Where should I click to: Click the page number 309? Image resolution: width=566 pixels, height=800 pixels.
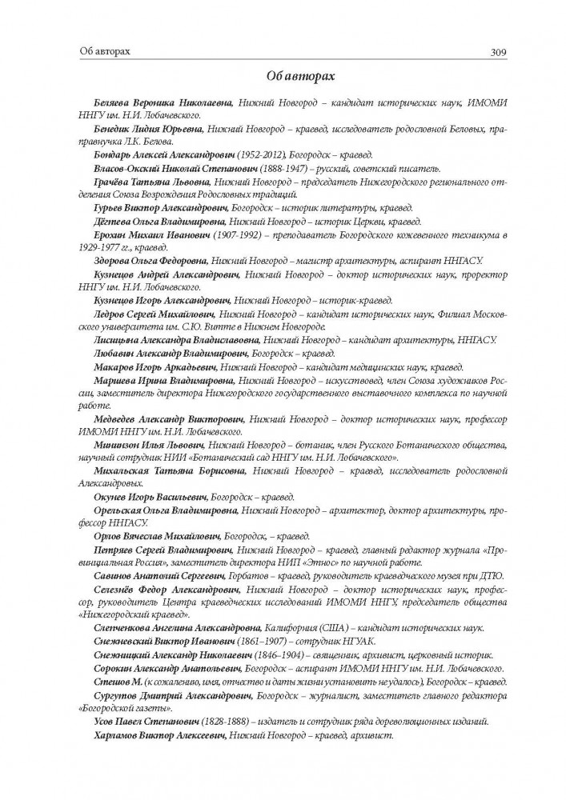pyautogui.click(x=496, y=53)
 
